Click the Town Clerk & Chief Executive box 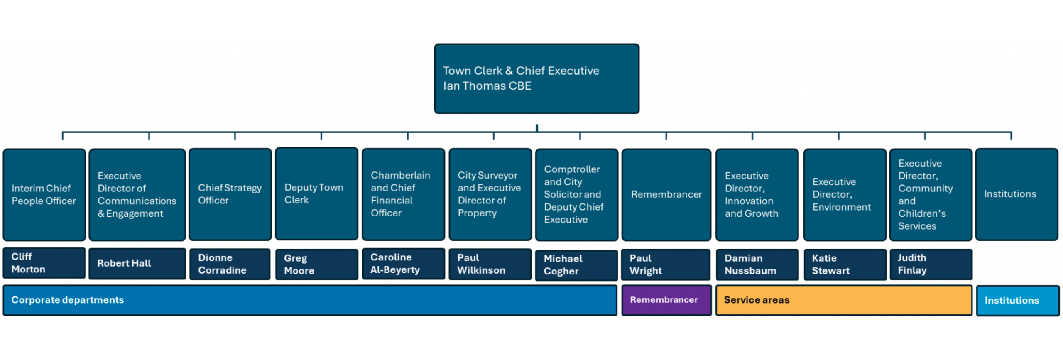[536, 78]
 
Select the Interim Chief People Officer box [44, 195]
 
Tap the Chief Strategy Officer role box [230, 194]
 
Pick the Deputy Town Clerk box [316, 193]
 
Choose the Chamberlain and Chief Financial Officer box [403, 194]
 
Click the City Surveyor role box [490, 194]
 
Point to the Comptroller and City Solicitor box [576, 195]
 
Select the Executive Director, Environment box [845, 195]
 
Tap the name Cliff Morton [28, 263]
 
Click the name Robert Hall [124, 263]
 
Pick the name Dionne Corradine [222, 264]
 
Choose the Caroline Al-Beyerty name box [403, 264]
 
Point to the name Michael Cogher [563, 265]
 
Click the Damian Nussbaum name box [757, 264]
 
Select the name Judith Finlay [912, 264]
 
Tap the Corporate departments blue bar [310, 300]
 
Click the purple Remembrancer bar [666, 300]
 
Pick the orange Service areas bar [844, 300]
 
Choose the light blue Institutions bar [1018, 301]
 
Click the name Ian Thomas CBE [487, 86]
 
